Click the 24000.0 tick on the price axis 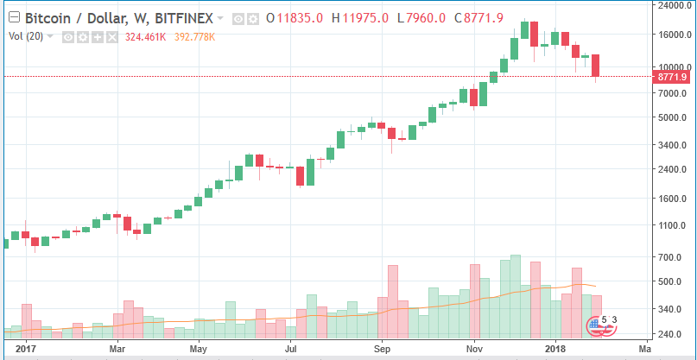click(674, 5)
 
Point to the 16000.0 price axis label click(674, 35)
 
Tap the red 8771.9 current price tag click(674, 77)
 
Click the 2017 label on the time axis click(25, 350)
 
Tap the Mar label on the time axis click(118, 350)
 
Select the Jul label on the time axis click(291, 350)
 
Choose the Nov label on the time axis click(474, 350)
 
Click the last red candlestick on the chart click(596, 66)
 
